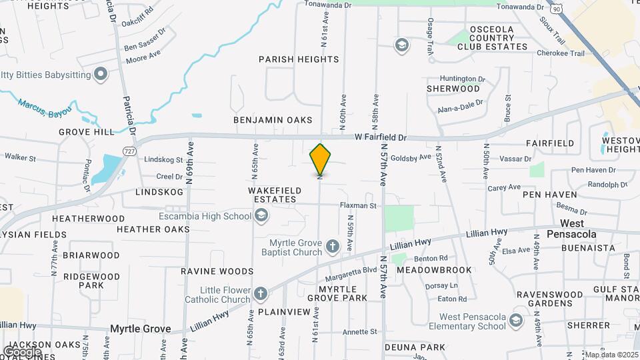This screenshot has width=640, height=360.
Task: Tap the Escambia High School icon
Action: [x=262, y=215]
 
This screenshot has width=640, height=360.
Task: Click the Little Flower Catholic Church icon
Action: [x=261, y=293]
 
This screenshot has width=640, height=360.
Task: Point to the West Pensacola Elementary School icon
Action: [x=515, y=321]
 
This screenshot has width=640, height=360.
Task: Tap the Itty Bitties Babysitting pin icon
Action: [x=101, y=74]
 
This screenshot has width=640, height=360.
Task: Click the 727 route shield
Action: [x=128, y=152]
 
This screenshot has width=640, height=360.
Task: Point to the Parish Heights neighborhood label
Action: [x=299, y=59]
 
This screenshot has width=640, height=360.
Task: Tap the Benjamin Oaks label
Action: [x=273, y=120]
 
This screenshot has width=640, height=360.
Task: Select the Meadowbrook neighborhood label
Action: [x=434, y=270]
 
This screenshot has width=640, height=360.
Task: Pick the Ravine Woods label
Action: [x=217, y=271]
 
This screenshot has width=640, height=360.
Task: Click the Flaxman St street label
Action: [x=358, y=206]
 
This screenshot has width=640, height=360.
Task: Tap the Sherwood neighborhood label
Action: [x=453, y=89]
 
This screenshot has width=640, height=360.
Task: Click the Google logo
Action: [x=21, y=351]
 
